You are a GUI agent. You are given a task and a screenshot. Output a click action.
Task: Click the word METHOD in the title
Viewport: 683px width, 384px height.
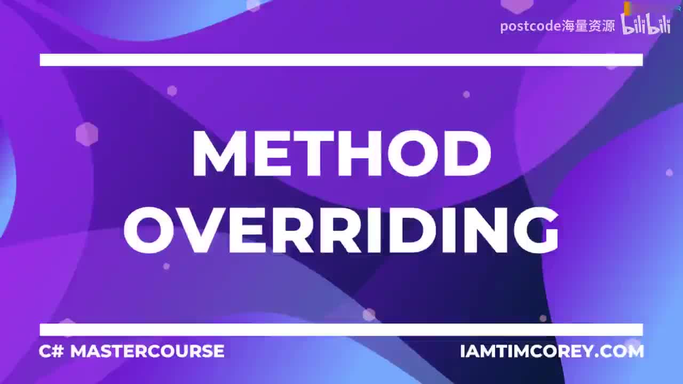pos(341,153)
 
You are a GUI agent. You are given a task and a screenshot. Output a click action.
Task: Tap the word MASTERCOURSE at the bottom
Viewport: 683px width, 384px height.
pos(147,351)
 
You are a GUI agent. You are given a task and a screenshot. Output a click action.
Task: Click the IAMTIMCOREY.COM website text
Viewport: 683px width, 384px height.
pos(552,351)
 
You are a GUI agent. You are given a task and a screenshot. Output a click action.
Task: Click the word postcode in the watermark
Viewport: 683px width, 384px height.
pos(530,26)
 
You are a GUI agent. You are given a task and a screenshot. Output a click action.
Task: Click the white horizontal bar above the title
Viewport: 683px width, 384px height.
pos(341,60)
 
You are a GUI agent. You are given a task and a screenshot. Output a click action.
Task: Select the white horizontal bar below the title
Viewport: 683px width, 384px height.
pos(341,330)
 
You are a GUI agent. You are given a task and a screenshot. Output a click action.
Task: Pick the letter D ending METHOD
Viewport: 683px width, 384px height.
pos(464,153)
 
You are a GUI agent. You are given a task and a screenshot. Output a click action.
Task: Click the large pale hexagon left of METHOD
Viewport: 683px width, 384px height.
pos(86,134)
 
